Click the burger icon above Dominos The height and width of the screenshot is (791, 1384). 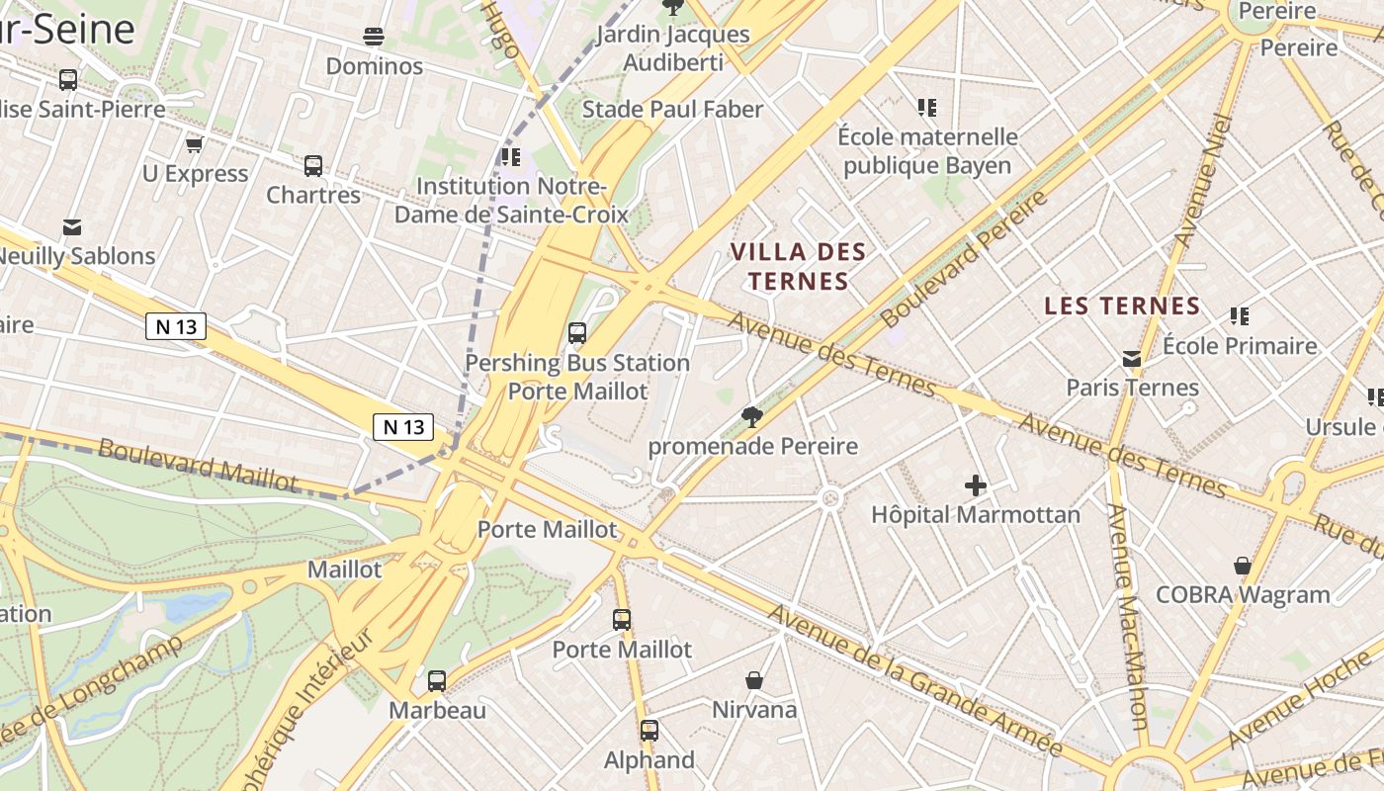coord(374,38)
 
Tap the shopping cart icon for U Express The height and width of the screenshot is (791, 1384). coord(194,144)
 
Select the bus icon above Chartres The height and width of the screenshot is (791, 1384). coord(313,165)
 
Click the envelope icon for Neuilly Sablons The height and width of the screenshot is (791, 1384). coord(72,227)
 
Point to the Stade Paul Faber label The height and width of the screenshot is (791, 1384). coord(672,109)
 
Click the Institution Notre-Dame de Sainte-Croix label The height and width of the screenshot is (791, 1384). coord(511,200)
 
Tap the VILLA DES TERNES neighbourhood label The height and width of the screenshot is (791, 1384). coord(798,267)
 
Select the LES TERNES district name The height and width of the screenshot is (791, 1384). coord(1122,307)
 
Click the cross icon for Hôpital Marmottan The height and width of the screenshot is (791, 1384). coord(976,485)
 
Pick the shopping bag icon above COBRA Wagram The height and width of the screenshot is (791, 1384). coord(1243,566)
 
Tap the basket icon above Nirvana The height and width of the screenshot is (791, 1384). coord(754,680)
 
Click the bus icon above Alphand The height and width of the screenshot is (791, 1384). coord(649,731)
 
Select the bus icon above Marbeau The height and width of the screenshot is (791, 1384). coord(437,680)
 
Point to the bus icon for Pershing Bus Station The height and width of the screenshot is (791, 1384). coord(577,333)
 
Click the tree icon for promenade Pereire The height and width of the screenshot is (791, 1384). coord(751,417)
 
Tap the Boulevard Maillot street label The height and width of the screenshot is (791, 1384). coord(198,465)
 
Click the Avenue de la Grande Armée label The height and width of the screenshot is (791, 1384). coord(914,681)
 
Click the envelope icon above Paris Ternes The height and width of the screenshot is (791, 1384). coord(1132,358)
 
